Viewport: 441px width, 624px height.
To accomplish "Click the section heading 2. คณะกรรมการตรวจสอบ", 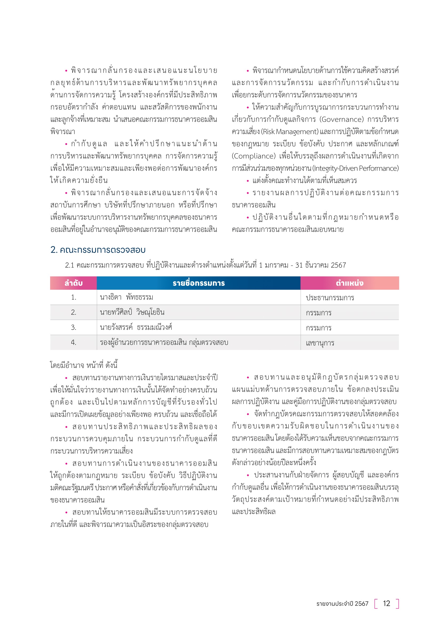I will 98,250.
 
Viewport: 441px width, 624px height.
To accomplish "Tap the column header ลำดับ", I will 73,283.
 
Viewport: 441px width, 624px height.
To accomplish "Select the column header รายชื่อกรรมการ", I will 199,283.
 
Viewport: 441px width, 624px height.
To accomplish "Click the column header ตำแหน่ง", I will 350,283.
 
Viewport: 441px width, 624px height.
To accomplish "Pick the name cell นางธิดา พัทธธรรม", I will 126,297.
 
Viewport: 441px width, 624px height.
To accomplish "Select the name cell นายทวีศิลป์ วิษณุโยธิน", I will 132,312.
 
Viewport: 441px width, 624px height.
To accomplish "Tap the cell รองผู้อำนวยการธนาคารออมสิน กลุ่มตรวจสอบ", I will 164,343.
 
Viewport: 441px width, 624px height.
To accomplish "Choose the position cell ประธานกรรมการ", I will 330,298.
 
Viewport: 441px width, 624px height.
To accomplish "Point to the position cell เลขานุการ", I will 320,343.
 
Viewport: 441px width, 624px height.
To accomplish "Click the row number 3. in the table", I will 73,328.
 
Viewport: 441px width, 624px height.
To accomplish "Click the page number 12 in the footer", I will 386,604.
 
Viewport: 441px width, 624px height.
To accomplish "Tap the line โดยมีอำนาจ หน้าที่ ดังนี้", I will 84,365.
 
